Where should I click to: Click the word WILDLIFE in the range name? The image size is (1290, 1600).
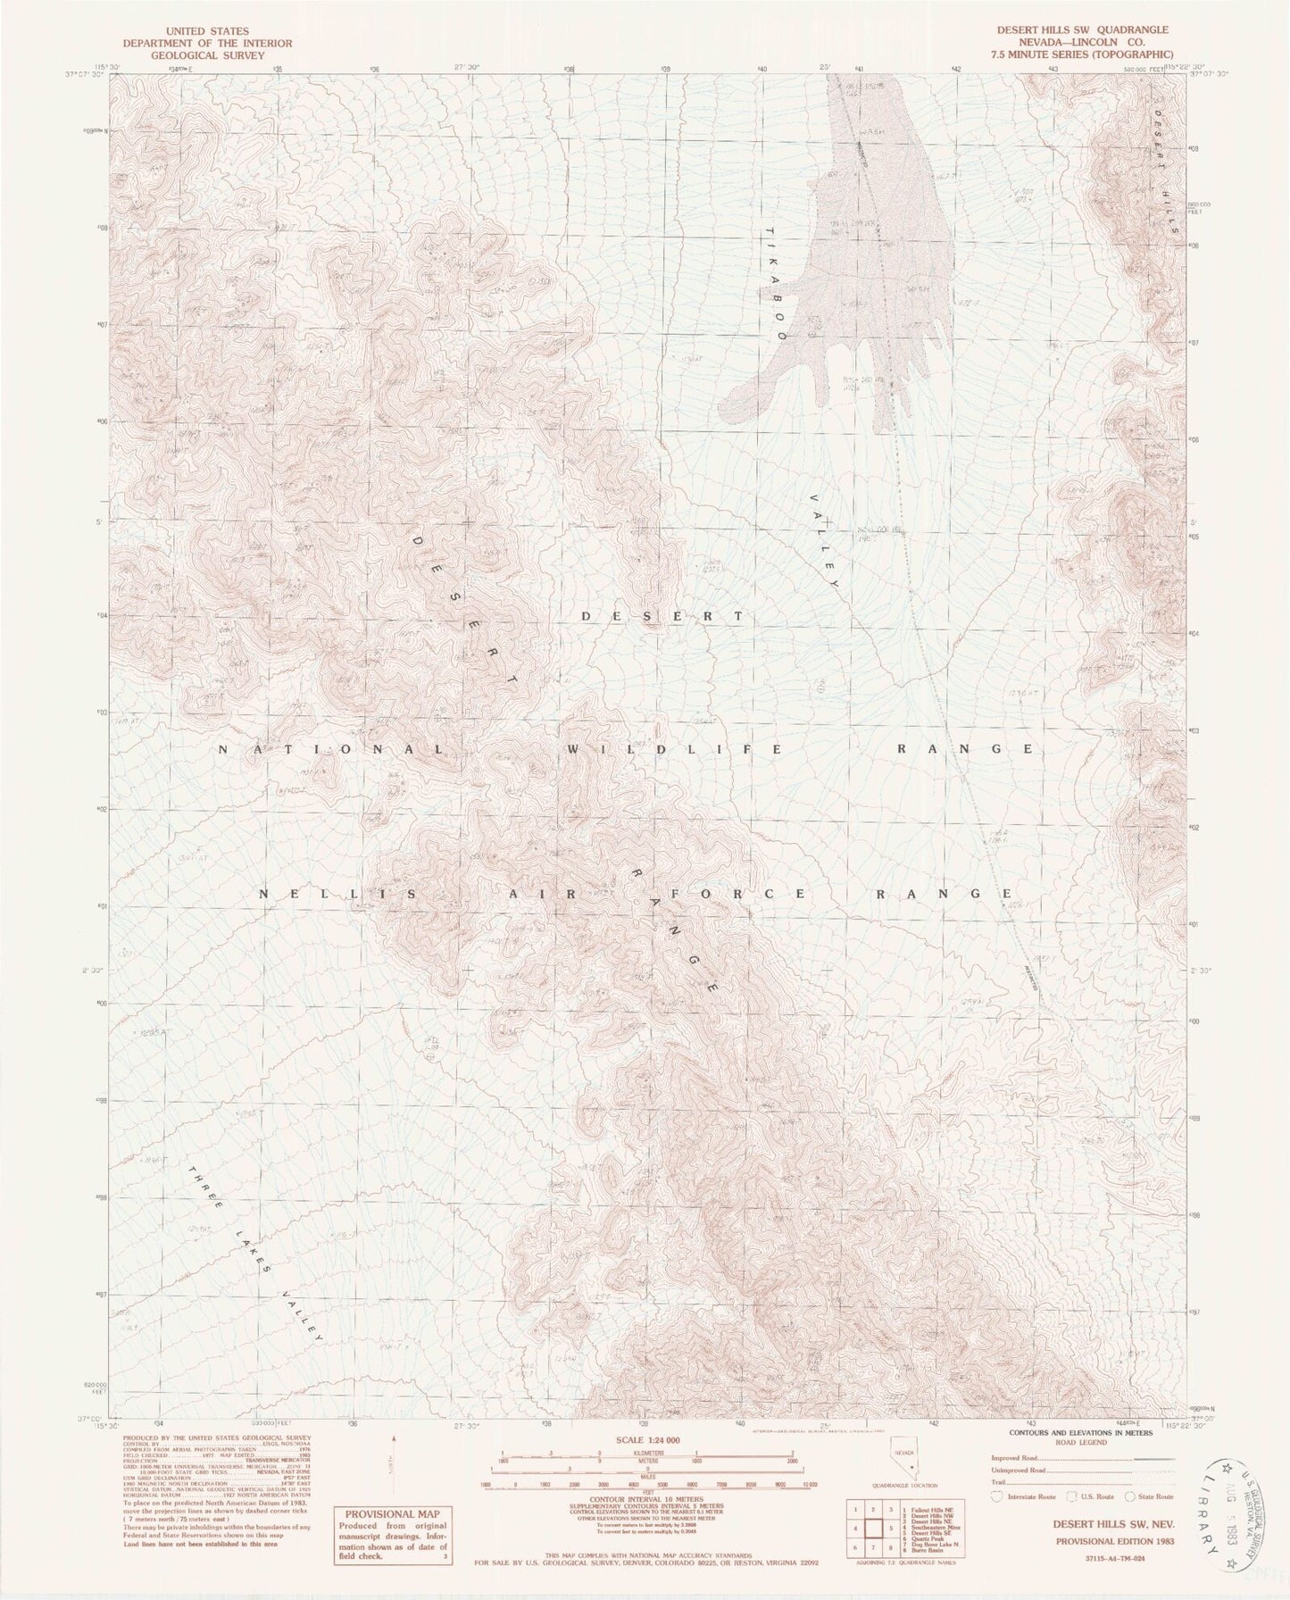coord(675,748)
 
